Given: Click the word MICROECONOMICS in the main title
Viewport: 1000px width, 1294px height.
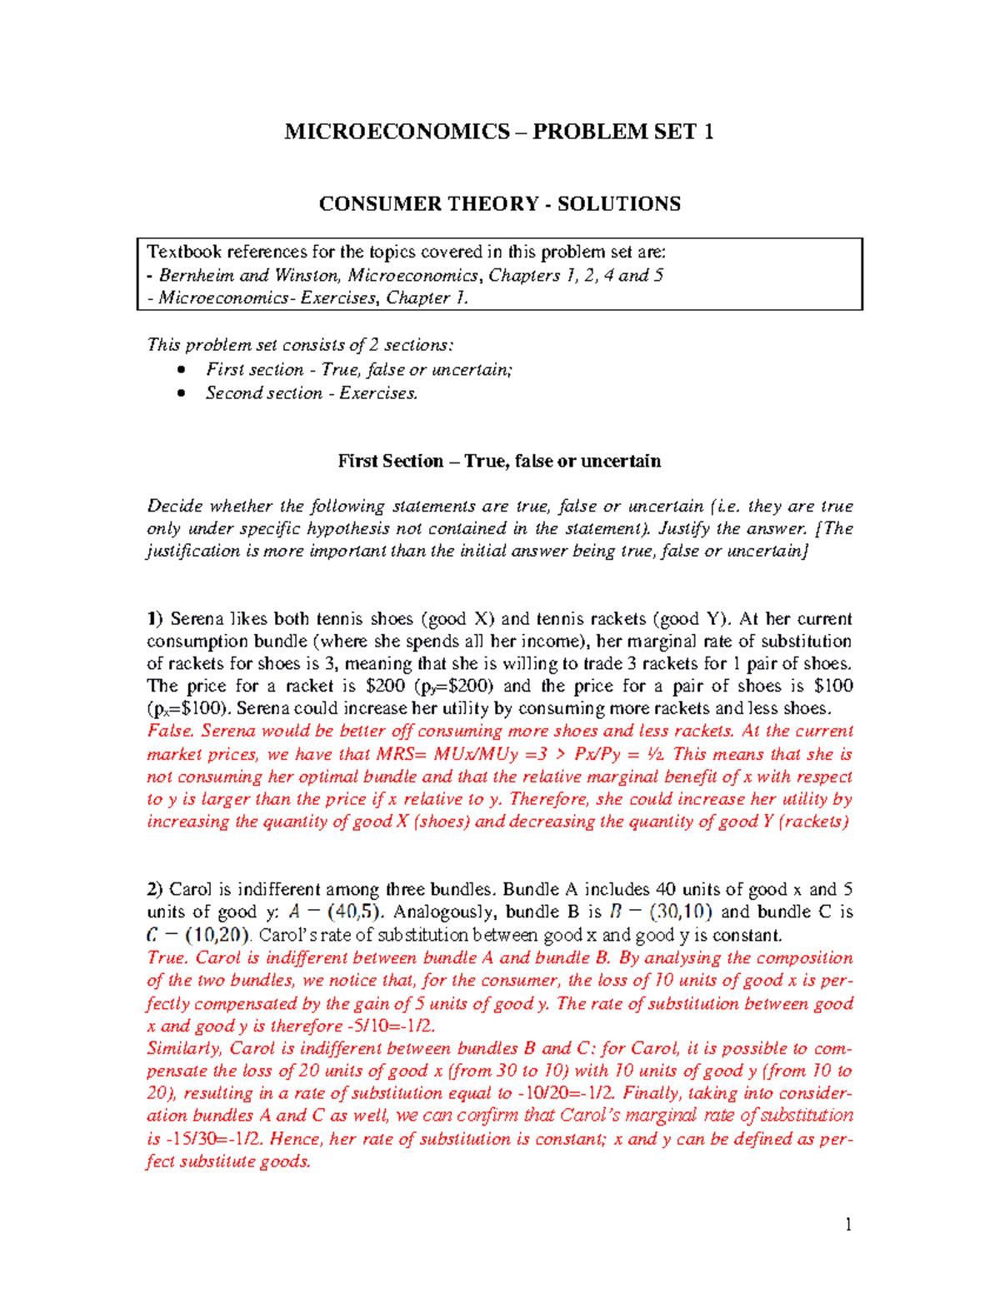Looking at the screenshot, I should [x=397, y=132].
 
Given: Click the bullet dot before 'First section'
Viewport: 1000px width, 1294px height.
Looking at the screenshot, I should [x=182, y=370].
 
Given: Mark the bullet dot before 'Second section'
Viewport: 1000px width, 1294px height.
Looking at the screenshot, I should [x=182, y=393].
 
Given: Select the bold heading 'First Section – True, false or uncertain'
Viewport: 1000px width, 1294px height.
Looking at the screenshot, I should [x=499, y=462].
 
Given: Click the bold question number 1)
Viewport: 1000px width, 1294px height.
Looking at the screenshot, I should [x=155, y=619].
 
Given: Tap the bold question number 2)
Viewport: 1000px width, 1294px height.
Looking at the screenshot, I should [x=155, y=890].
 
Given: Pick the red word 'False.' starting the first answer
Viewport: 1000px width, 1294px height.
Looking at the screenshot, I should [x=171, y=732].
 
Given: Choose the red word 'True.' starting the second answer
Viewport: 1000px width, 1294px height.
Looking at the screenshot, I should [x=168, y=958].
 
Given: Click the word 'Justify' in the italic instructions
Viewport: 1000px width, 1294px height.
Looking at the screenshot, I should [x=683, y=529].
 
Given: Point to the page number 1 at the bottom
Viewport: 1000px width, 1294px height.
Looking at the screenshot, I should [x=848, y=1224].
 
